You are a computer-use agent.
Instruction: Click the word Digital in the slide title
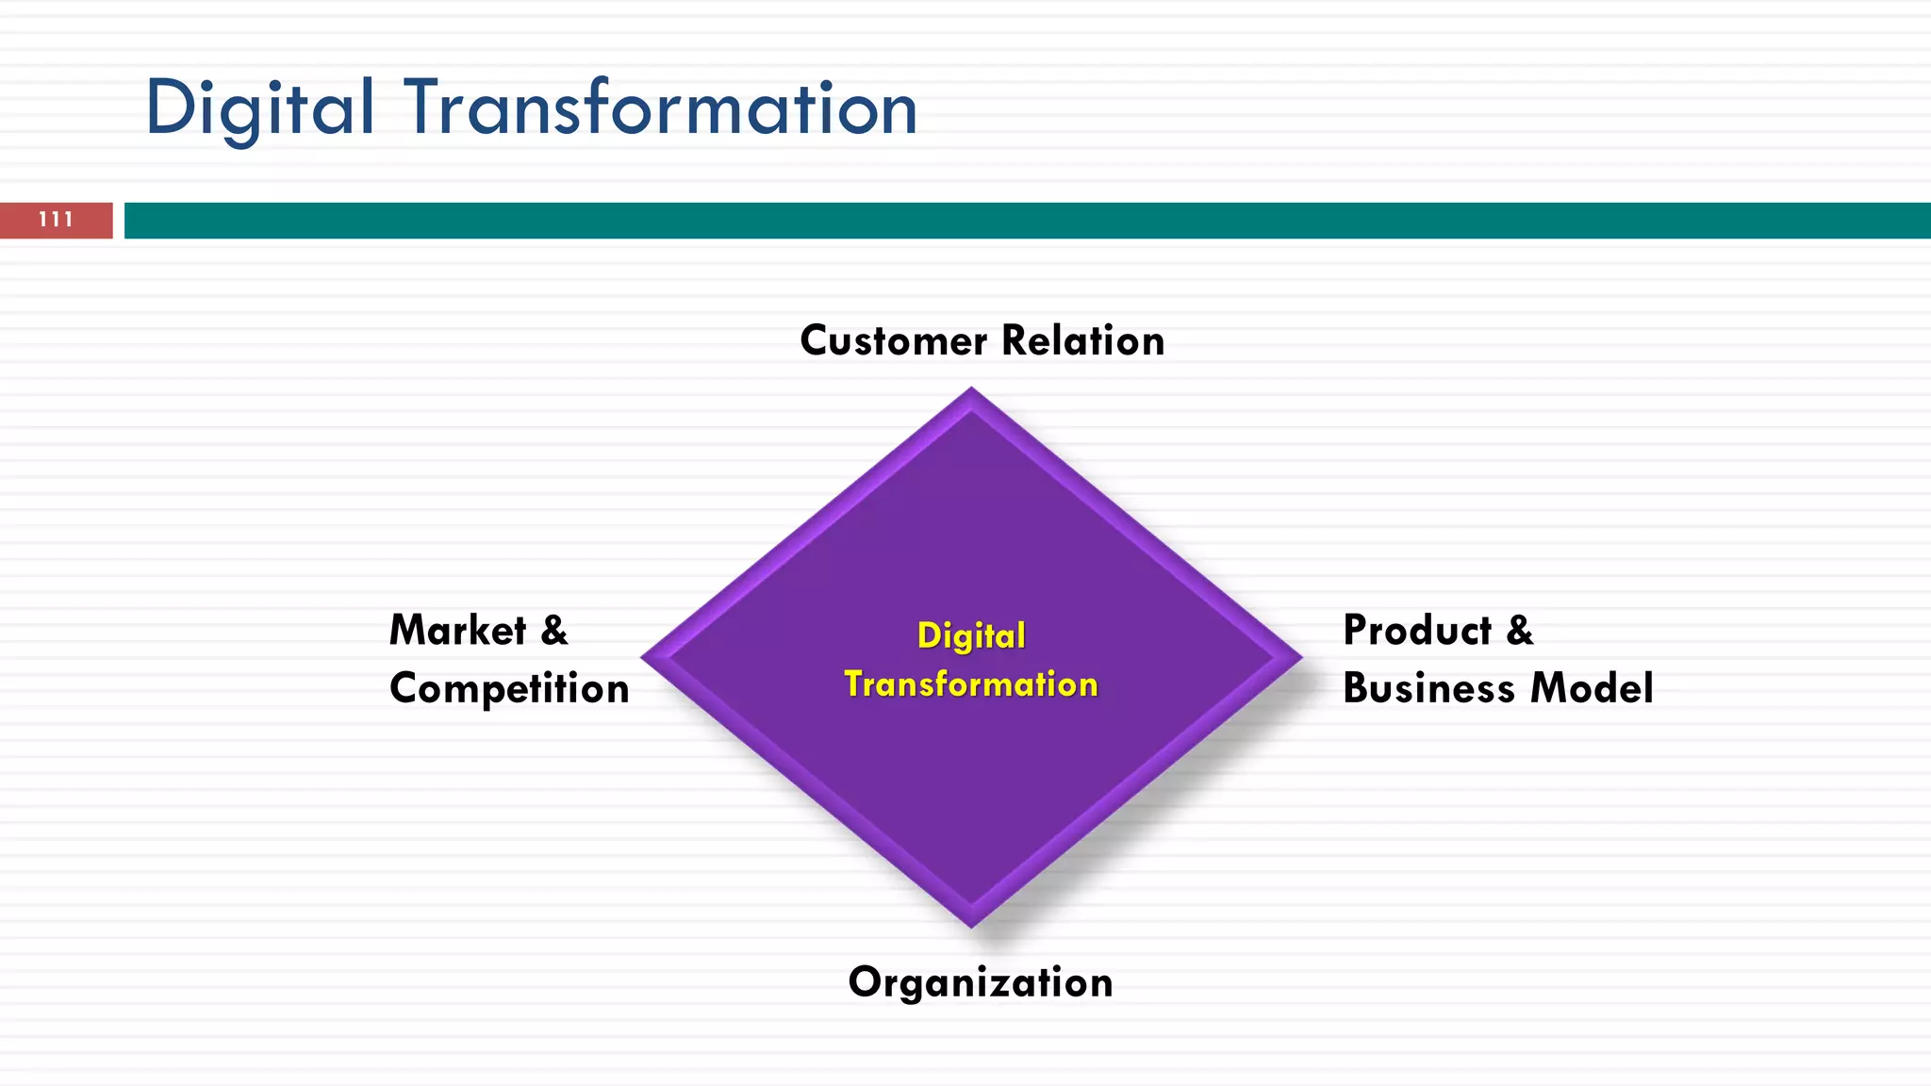pyautogui.click(x=259, y=108)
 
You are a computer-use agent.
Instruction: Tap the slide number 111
pyautogui.click(x=56, y=220)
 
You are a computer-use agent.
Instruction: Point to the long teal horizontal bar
pyautogui.click(x=1028, y=221)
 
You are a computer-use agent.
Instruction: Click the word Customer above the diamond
pyautogui.click(x=893, y=341)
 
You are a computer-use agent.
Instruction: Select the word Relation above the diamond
pyautogui.click(x=1083, y=341)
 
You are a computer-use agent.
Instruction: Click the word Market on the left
pyautogui.click(x=458, y=631)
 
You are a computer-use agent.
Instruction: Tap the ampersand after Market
pyautogui.click(x=554, y=631)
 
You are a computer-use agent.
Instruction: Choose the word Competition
pyautogui.click(x=509, y=689)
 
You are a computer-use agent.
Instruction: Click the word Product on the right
pyautogui.click(x=1417, y=631)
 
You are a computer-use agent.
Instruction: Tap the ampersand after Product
pyautogui.click(x=1519, y=631)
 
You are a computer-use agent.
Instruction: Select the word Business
pyautogui.click(x=1428, y=689)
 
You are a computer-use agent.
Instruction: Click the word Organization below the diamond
pyautogui.click(x=981, y=983)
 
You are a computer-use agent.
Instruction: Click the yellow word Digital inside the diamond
pyautogui.click(x=971, y=636)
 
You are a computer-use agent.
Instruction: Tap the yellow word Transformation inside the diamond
pyautogui.click(x=971, y=684)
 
